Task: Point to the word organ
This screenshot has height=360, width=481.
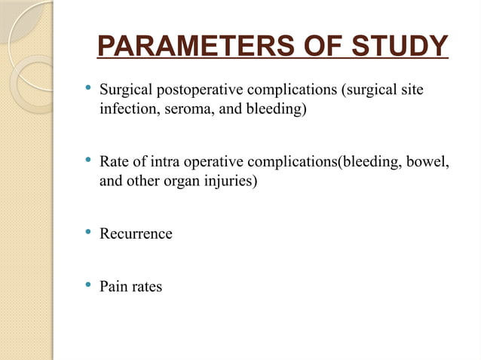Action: click(x=183, y=182)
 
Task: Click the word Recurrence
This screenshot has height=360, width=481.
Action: click(x=136, y=234)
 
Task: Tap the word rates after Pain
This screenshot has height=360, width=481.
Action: click(x=146, y=287)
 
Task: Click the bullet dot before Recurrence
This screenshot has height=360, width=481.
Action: click(x=88, y=232)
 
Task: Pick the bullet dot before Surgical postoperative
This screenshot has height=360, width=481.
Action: click(x=88, y=90)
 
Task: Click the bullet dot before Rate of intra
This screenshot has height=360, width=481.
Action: click(x=88, y=160)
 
